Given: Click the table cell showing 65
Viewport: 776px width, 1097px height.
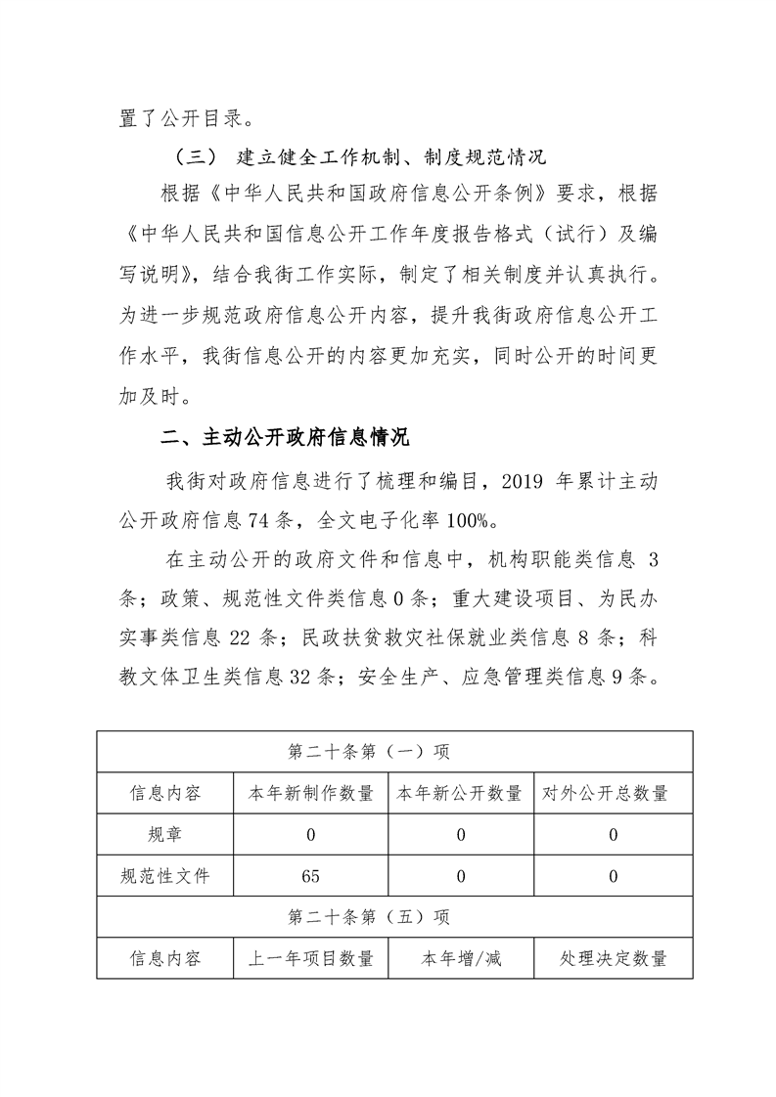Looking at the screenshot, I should tap(311, 876).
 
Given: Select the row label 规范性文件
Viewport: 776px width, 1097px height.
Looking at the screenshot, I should tap(164, 876).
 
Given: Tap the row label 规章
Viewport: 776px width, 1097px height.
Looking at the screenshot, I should tap(164, 834).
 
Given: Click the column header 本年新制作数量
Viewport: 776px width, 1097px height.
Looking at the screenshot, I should tap(311, 793).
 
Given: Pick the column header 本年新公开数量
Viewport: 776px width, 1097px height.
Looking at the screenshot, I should tap(459, 793).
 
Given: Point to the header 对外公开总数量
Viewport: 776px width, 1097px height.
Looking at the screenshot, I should tap(612, 793).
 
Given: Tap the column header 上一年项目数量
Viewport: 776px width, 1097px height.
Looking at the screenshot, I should tap(311, 959).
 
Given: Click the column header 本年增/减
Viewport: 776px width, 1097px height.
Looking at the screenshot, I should tap(459, 959).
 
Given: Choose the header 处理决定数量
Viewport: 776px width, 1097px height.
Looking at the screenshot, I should tap(612, 959).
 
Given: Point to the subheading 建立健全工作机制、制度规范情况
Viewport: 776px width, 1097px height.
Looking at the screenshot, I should tap(390, 155).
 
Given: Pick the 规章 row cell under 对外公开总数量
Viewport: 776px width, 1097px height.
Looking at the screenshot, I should tap(612, 834).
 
